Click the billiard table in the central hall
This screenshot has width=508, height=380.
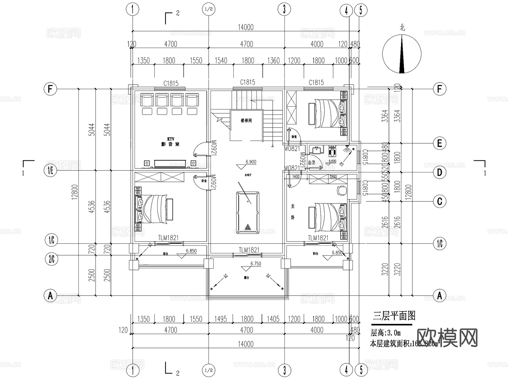click(248, 213)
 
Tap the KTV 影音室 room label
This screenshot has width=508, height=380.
click(170, 142)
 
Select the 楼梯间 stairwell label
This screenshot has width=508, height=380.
click(246, 121)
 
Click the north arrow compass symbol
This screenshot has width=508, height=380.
click(402, 54)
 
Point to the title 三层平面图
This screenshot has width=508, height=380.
click(394, 316)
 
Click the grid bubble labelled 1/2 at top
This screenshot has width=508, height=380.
click(209, 9)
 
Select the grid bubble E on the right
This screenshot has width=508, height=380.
click(439, 143)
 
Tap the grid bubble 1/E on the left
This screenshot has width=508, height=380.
click(51, 170)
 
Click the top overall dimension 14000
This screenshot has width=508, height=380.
click(246, 27)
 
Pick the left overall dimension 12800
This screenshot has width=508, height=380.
click(75, 192)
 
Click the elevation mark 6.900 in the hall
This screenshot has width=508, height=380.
click(251, 162)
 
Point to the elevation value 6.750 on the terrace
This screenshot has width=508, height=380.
click(256, 263)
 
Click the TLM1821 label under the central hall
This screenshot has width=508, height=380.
click(249, 250)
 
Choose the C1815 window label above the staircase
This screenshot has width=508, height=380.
click(248, 82)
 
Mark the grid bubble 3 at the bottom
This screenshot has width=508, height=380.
click(284, 370)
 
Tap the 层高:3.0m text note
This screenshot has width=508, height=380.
click(386, 333)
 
